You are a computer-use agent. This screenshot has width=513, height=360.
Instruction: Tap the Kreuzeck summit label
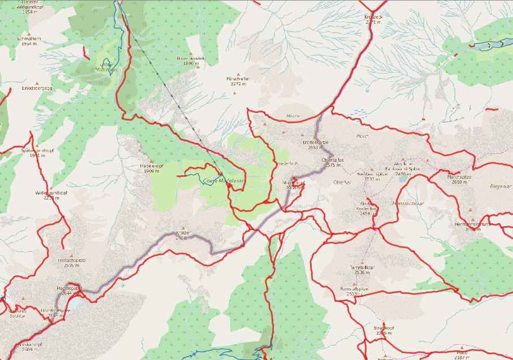[x=374, y=20]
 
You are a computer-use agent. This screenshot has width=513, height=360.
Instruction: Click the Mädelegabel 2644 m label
[x=70, y=290]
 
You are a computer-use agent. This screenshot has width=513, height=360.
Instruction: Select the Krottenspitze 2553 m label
[x=316, y=145]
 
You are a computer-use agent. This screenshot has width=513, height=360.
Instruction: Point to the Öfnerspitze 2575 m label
[x=332, y=163]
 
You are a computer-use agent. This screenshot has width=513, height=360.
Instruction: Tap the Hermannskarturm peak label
[x=472, y=226]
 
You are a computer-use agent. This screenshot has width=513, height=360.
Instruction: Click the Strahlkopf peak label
[x=383, y=330]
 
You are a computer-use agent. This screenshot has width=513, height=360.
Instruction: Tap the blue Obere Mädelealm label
[x=222, y=180]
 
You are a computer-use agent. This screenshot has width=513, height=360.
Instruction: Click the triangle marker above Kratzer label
[x=183, y=228]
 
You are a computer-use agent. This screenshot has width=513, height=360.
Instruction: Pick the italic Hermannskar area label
[x=404, y=202]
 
